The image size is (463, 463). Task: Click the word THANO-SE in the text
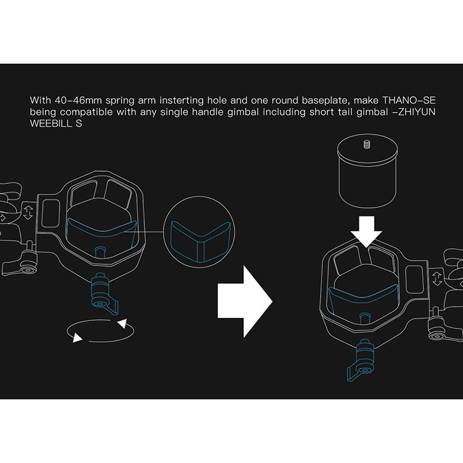pos(409,101)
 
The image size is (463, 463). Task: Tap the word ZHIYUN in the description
pos(417,112)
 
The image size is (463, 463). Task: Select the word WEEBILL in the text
pos(50,123)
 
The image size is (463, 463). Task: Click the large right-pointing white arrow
pos(245,301)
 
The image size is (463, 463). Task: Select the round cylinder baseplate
pos(367,173)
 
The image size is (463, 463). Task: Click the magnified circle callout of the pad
pos(199,232)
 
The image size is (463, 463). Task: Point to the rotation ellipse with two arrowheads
pos(100,331)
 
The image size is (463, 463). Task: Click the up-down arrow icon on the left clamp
pos(28,212)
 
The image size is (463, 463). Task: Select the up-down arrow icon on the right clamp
pos(437,279)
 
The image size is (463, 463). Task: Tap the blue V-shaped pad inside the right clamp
pos(363,299)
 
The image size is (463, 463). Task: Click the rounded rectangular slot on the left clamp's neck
pos(51,214)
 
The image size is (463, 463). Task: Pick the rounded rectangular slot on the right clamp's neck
pos(414,280)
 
